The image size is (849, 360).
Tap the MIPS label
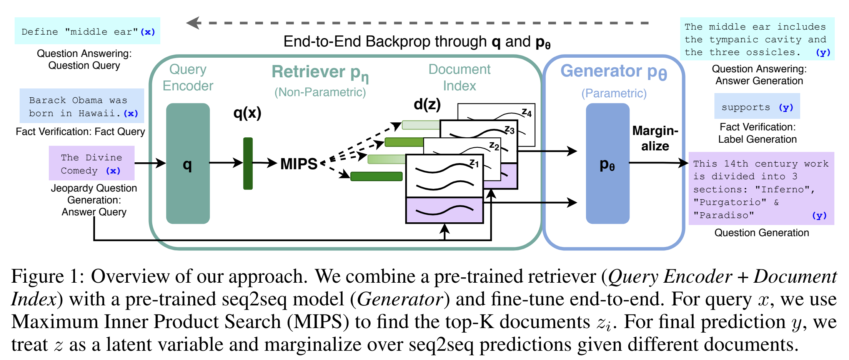point(299,164)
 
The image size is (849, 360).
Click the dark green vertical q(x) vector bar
point(248,163)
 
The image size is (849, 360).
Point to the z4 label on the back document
point(526,113)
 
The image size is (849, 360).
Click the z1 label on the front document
point(474,163)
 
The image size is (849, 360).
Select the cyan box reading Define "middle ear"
point(87,31)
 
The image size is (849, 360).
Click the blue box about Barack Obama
point(82,106)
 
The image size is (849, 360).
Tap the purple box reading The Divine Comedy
point(92,163)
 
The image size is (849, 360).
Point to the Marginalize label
point(655,138)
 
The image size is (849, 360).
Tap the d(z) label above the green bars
point(427,104)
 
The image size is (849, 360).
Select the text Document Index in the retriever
point(459,77)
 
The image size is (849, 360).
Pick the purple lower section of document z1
point(444,210)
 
